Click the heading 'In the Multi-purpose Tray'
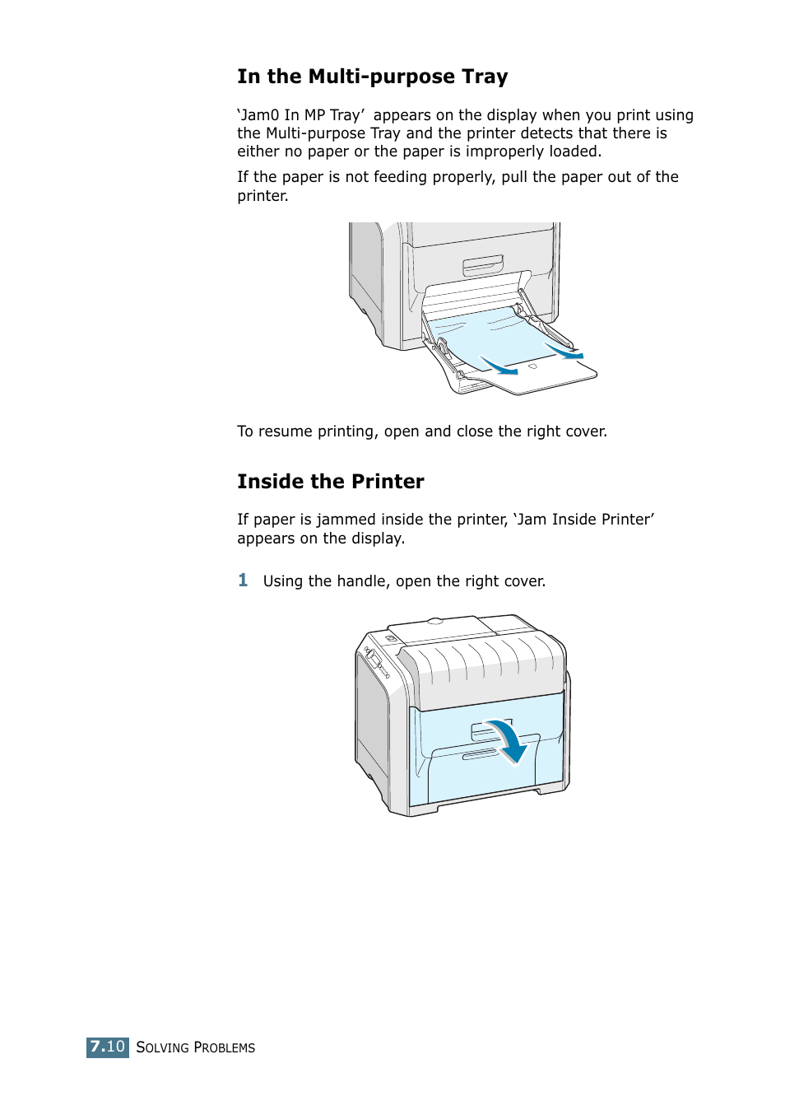pyautogui.click(x=372, y=77)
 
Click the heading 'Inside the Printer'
pyautogui.click(x=330, y=482)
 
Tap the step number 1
pyautogui.click(x=243, y=581)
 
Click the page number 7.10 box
pyautogui.click(x=108, y=1047)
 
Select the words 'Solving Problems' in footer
pyautogui.click(x=195, y=1047)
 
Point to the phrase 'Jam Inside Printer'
pyautogui.click(x=584, y=520)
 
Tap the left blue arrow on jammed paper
pyautogui.click(x=499, y=365)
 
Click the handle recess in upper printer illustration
pyautogui.click(x=483, y=265)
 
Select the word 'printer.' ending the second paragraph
pyautogui.click(x=262, y=196)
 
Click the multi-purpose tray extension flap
pyautogui.click(x=551, y=375)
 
